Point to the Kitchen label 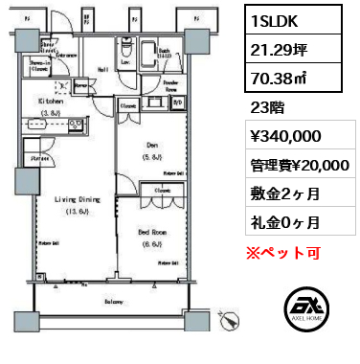coord(51,100)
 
